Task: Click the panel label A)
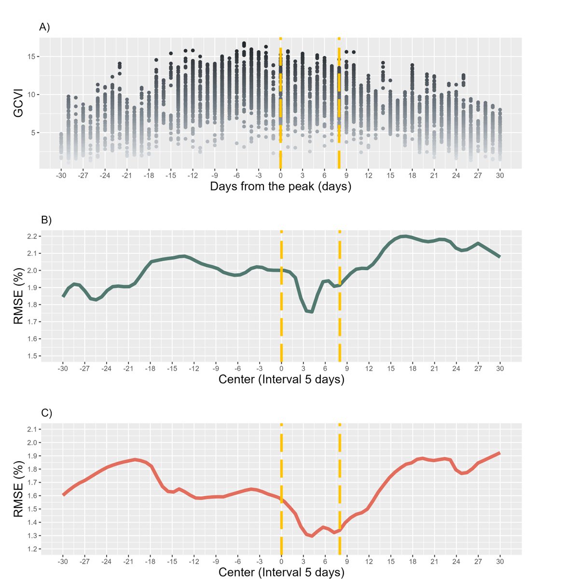(x=44, y=28)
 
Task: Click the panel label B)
(x=46, y=220)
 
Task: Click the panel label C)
(x=46, y=413)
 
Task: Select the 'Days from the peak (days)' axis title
(x=280, y=186)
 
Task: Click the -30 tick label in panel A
(x=61, y=176)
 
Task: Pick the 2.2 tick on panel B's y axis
(x=32, y=236)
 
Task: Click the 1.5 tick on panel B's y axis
(x=32, y=356)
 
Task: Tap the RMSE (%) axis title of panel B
(x=18, y=296)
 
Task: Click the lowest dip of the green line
(x=311, y=312)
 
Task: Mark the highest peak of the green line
(x=404, y=236)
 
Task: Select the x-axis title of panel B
(x=281, y=379)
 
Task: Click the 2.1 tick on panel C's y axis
(x=32, y=429)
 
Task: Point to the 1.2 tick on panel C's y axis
(x=32, y=549)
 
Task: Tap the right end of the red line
(x=499, y=453)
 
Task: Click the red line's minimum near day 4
(x=311, y=536)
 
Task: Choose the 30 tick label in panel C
(x=500, y=562)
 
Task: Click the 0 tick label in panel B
(x=281, y=369)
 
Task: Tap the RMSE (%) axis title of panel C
(x=18, y=489)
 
